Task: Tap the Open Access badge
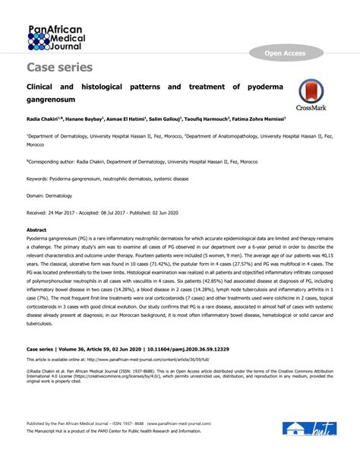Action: pos(285,53)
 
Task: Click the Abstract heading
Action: pos(36,229)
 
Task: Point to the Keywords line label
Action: pos(37,179)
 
